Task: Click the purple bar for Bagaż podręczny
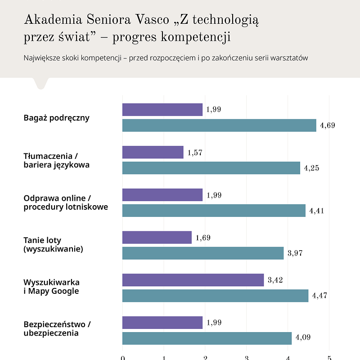[162, 110]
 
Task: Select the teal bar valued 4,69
[219, 126]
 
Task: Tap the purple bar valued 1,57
[153, 152]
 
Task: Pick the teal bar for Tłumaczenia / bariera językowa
[211, 168]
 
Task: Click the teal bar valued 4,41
[214, 211]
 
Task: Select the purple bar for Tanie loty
[157, 237]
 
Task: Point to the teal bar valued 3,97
[203, 253]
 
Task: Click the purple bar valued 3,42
[193, 280]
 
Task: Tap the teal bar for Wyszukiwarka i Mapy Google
[215, 296]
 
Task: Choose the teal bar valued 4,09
[207, 338]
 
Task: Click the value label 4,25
[311, 168]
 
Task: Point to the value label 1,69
[203, 238]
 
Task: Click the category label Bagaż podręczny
[57, 118]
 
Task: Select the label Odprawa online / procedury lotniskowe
[66, 203]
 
